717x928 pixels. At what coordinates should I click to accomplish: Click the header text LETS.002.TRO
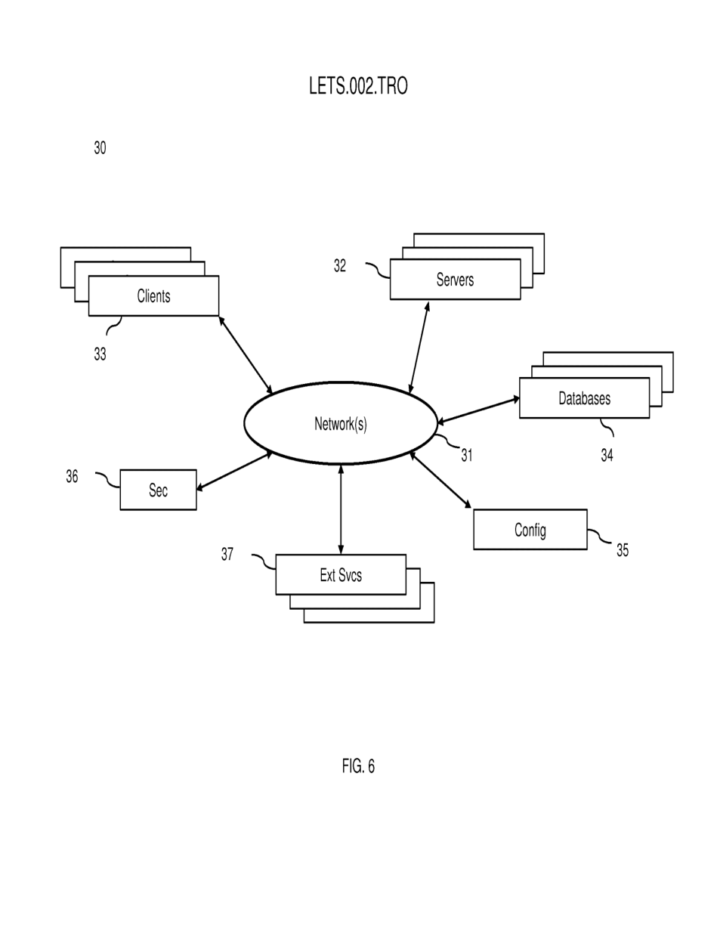click(358, 86)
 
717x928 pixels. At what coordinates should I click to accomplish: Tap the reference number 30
click(100, 148)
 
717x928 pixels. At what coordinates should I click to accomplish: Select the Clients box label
click(153, 296)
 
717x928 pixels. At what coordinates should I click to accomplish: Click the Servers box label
click(455, 280)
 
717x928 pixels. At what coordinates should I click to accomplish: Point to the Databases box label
click(584, 398)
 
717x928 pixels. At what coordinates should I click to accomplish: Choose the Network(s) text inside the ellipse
click(341, 424)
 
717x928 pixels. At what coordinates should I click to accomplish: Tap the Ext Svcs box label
click(341, 575)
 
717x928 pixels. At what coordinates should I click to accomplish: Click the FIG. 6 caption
click(358, 766)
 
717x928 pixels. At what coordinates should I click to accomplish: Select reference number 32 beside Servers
click(340, 266)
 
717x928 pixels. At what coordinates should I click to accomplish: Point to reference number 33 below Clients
click(100, 354)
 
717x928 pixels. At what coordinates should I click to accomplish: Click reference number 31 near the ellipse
click(467, 455)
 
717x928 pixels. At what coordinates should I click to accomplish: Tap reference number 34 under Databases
click(607, 455)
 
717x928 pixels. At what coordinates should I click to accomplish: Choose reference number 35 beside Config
click(623, 550)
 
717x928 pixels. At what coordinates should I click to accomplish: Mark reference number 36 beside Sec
click(72, 476)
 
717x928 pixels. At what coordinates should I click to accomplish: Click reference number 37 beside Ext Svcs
click(227, 554)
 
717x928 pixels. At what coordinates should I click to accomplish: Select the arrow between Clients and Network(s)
click(246, 355)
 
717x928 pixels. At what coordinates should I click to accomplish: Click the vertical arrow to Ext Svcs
click(341, 509)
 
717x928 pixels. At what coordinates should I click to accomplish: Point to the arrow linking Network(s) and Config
click(440, 480)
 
